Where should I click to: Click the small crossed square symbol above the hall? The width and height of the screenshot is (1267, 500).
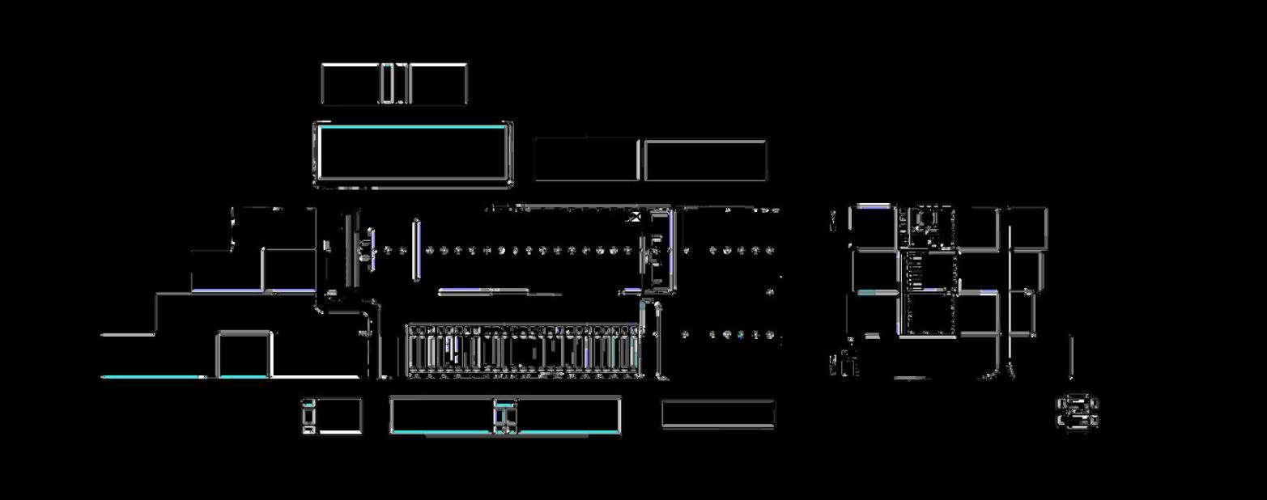pyautogui.click(x=636, y=215)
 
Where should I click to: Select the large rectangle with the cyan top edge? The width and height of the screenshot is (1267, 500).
pyautogui.click(x=413, y=153)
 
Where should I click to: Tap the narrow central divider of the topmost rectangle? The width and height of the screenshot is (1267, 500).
pyautogui.click(x=394, y=84)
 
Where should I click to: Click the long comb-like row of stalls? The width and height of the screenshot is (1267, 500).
pyautogui.click(x=524, y=352)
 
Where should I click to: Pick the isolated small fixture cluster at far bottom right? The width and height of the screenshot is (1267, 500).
pyautogui.click(x=1078, y=411)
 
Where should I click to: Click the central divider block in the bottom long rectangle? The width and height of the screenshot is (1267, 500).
pyautogui.click(x=505, y=416)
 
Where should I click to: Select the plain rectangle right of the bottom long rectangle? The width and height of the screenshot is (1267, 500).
pyautogui.click(x=718, y=414)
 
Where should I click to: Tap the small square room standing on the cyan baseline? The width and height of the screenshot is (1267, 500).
pyautogui.click(x=244, y=354)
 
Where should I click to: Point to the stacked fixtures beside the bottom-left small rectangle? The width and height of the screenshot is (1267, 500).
pyautogui.click(x=308, y=415)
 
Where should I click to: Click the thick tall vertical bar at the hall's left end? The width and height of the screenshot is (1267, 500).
pyautogui.click(x=350, y=250)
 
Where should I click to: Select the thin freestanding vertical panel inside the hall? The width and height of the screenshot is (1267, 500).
pyautogui.click(x=416, y=250)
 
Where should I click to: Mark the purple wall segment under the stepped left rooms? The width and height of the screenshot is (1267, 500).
pyautogui.click(x=227, y=290)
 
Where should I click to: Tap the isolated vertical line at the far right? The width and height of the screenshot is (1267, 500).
pyautogui.click(x=1071, y=356)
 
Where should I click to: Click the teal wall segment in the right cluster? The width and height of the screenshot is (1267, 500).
pyautogui.click(x=867, y=292)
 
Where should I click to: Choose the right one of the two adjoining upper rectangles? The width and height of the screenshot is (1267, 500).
pyautogui.click(x=705, y=160)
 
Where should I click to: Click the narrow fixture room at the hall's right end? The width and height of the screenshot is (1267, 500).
pyautogui.click(x=657, y=250)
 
